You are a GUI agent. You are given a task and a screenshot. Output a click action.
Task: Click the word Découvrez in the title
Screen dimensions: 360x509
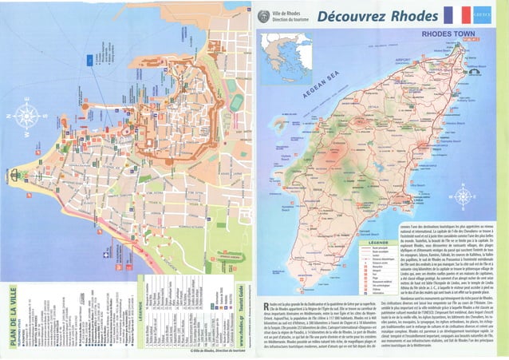click(348, 17)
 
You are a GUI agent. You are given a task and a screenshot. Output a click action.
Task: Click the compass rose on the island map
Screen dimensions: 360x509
click(464, 196)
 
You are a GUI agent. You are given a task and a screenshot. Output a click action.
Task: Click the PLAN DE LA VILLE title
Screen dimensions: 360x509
click(9, 315)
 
